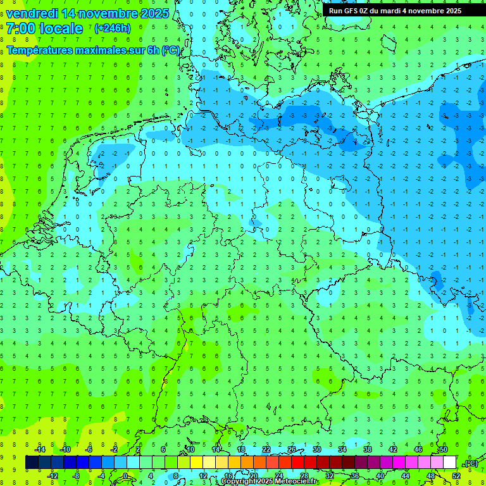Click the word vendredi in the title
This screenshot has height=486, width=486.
point(34,13)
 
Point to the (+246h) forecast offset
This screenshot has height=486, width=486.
point(112,28)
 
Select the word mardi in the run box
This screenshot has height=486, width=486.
point(392,11)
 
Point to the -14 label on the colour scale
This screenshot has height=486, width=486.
point(39,449)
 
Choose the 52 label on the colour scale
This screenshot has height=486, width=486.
point(456,476)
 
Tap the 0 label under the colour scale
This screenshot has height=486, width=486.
point(125,476)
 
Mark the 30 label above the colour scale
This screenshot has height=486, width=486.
point(316,449)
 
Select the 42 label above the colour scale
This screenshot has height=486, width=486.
point(392,449)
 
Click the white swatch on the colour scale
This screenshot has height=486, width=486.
point(450,463)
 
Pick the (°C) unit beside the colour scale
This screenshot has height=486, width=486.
point(471,463)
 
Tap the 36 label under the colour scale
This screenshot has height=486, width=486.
point(354,476)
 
